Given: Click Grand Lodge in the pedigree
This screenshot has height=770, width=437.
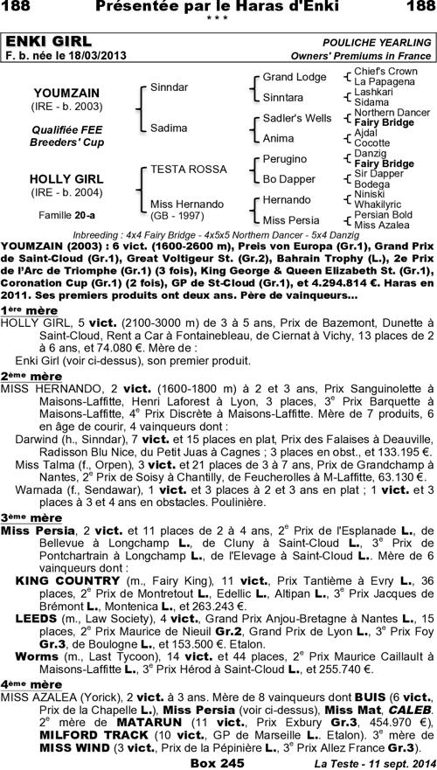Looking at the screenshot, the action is click(295, 77).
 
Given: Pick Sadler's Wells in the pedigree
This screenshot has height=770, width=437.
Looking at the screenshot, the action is click(297, 118).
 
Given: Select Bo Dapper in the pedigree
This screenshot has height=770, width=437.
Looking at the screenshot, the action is click(288, 179).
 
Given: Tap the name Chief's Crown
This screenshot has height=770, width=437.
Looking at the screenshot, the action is click(386, 71).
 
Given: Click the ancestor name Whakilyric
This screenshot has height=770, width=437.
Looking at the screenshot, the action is click(383, 204).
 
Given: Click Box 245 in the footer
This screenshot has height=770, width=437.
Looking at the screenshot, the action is click(218, 761).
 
